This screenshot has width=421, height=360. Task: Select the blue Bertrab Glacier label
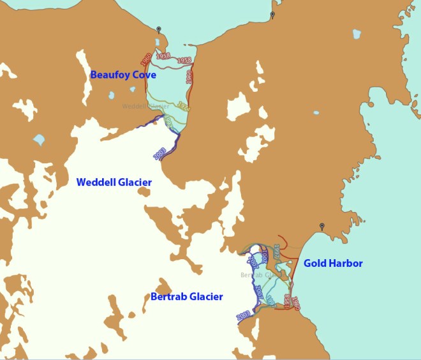pos(187,297)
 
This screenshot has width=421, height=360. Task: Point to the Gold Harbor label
pos(333,263)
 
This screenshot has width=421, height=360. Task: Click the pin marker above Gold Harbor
pos(322,227)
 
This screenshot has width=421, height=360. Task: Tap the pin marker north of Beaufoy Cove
pos(159,29)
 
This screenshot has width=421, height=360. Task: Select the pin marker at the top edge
pos(272,15)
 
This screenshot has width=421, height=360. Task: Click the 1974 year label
pos(182,106)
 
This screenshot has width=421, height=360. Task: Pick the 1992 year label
pos(168,119)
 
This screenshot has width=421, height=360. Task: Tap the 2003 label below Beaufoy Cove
pos(159,153)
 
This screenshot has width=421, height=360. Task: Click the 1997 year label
pos(276,251)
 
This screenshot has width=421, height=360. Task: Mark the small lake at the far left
pos(38,139)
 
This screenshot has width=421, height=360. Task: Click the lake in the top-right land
pos(357,34)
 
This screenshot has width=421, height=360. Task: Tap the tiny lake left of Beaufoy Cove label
pos(112,96)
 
